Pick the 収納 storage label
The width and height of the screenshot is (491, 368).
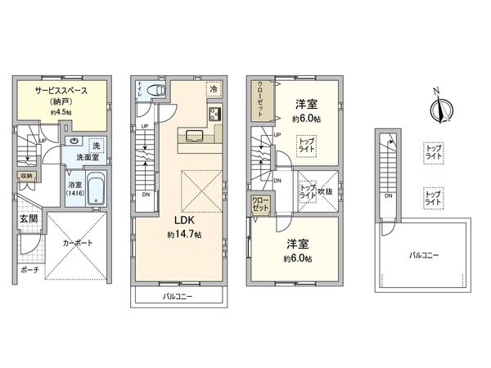point(25,175)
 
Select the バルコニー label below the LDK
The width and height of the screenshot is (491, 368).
point(177,295)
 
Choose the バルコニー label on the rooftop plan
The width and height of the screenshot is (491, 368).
point(424,256)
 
